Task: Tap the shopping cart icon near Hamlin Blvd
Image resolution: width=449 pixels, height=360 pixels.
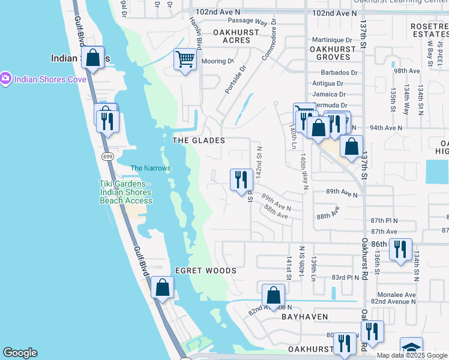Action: click(x=185, y=60)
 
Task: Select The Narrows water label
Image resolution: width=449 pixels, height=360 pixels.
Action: click(x=151, y=169)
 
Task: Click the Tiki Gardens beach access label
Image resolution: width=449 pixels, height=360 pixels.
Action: click(x=126, y=192)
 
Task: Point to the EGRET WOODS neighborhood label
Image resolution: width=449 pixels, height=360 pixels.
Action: click(x=206, y=271)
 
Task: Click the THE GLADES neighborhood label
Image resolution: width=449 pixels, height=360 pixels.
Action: click(x=199, y=140)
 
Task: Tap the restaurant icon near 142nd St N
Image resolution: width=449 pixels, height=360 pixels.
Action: click(x=240, y=179)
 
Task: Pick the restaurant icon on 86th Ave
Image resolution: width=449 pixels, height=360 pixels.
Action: click(x=400, y=249)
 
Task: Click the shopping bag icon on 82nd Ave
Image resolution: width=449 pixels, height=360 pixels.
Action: click(x=274, y=295)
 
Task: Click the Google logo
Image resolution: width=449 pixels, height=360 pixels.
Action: click(x=20, y=353)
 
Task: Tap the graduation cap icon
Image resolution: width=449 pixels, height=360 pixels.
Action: click(x=411, y=348)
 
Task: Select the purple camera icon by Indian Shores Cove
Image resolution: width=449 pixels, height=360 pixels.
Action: click(x=6, y=79)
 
